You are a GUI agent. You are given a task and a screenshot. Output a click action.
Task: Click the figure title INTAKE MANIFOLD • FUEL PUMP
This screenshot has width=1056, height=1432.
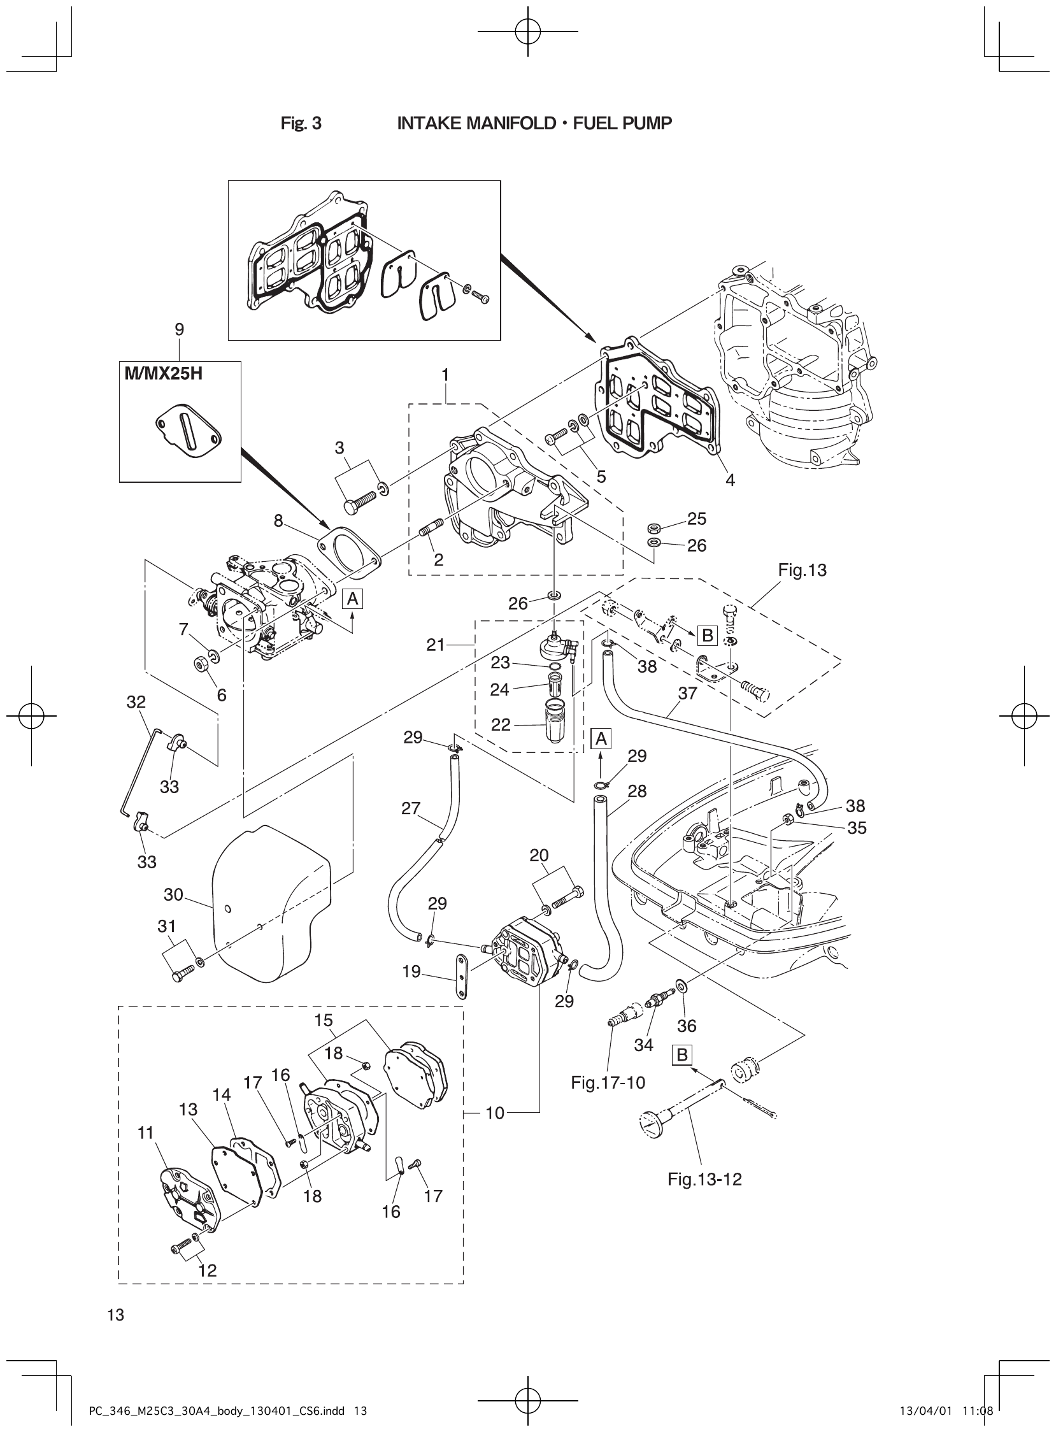(534, 124)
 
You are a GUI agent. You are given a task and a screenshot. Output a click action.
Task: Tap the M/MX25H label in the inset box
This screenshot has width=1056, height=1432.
(164, 374)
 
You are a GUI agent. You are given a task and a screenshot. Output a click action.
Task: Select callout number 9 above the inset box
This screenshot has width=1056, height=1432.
(180, 329)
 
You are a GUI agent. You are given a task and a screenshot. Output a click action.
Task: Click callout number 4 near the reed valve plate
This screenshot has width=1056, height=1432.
(730, 480)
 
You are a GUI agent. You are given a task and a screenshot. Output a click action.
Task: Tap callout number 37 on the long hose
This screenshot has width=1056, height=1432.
(687, 693)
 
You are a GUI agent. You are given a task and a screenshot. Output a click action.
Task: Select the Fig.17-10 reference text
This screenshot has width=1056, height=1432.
(607, 1082)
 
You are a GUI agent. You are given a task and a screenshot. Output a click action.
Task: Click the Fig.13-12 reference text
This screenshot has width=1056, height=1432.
(704, 1180)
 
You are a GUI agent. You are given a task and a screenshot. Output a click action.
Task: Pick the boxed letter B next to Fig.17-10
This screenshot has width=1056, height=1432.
(682, 1055)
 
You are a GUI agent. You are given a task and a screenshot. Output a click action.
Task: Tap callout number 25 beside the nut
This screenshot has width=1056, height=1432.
(697, 519)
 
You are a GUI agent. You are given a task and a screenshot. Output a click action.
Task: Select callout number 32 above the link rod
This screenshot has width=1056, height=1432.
(136, 702)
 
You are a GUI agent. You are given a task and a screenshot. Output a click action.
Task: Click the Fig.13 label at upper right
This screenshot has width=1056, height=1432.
(803, 569)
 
